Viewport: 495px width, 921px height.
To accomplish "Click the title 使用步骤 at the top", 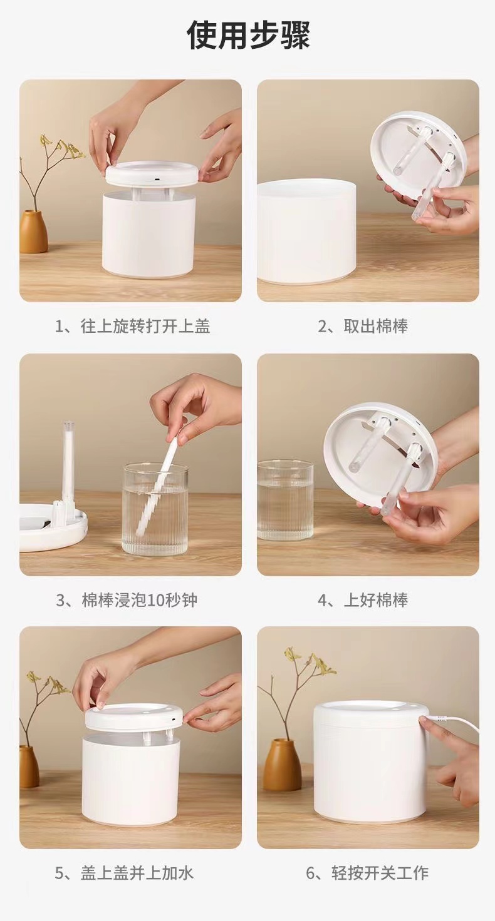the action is (248, 36).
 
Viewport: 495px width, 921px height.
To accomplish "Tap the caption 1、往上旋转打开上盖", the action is (133, 326).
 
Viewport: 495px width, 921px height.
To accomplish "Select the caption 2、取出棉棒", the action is (363, 326).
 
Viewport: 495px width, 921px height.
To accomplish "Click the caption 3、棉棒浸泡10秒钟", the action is (127, 600).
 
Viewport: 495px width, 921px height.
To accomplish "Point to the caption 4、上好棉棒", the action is (363, 600).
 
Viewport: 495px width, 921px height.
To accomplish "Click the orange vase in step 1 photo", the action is (33, 231).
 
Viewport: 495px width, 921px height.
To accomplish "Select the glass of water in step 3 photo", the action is (155, 509).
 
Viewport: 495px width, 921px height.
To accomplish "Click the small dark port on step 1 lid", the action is (157, 180).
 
